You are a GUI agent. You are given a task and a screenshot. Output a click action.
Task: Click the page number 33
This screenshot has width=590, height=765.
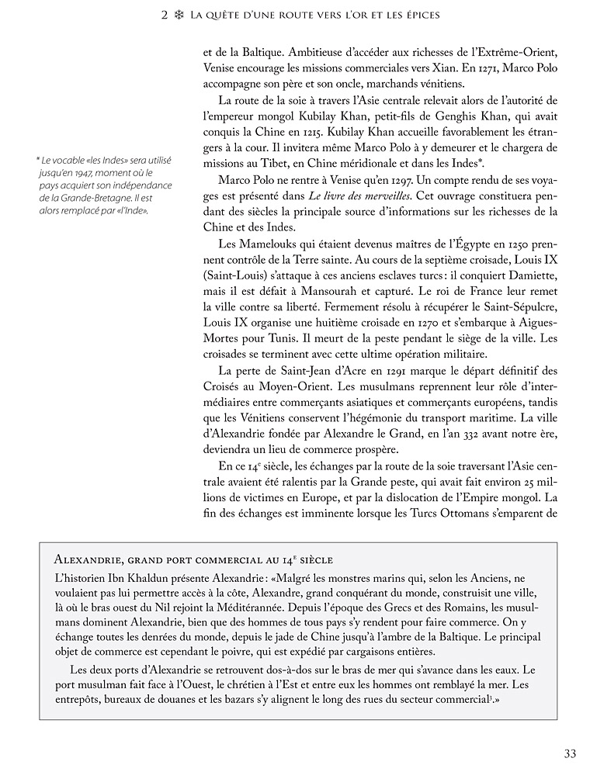(570, 752)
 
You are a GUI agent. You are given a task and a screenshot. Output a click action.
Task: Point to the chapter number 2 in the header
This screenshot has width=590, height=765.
(165, 16)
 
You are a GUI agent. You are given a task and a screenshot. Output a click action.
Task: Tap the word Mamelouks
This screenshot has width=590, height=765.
(271, 247)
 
